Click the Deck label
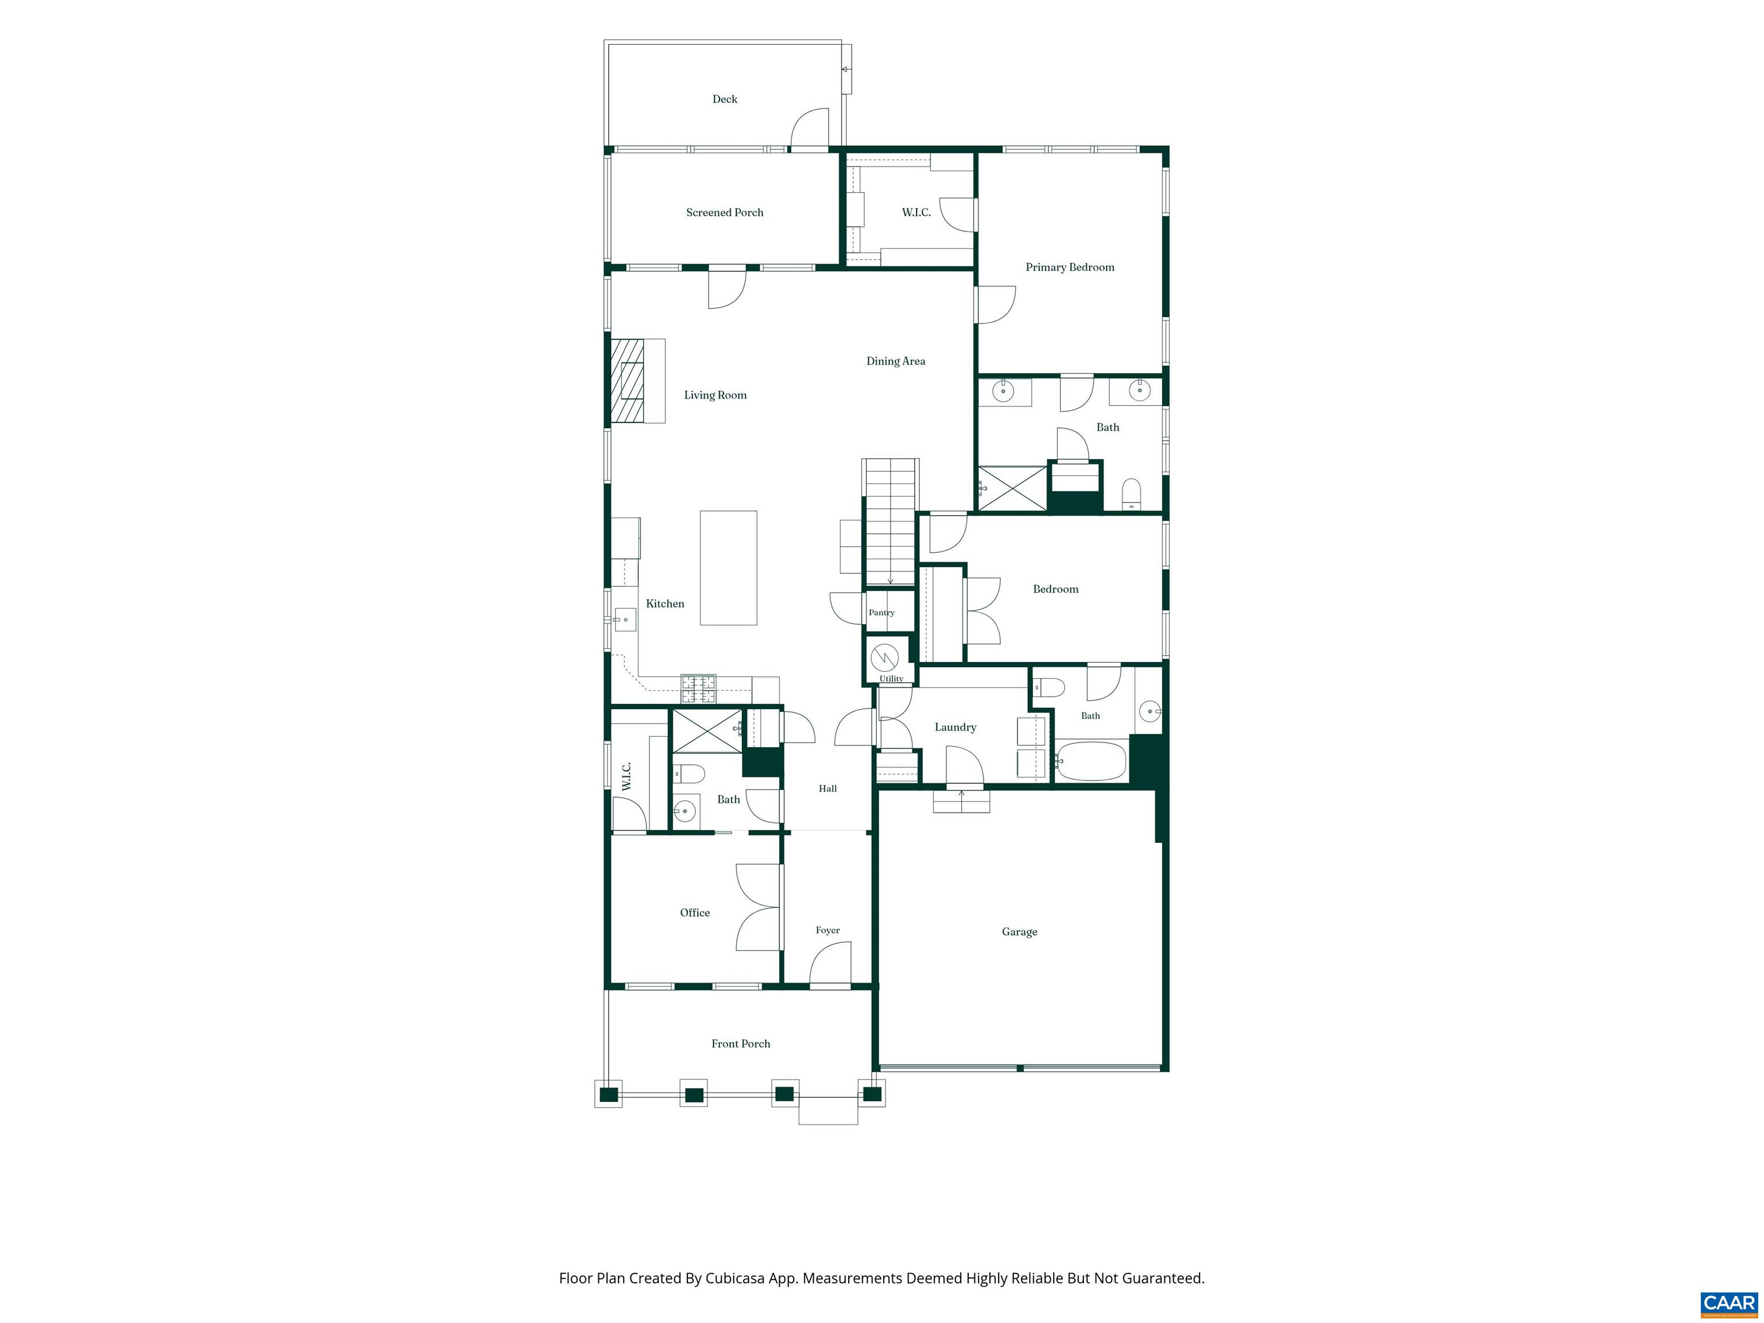pyautogui.click(x=725, y=99)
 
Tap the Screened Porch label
pyautogui.click(x=725, y=212)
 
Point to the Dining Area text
pyautogui.click(x=896, y=361)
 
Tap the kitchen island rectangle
pyautogui.click(x=728, y=568)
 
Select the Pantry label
pyautogui.click(x=881, y=613)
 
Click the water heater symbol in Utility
pyautogui.click(x=884, y=658)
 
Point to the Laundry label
pyautogui.click(x=955, y=728)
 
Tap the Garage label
pyautogui.click(x=1019, y=931)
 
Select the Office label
pyautogui.click(x=695, y=912)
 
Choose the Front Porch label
pyautogui.click(x=741, y=1043)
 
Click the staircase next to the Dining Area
pyautogui.click(x=890, y=523)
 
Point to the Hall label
pyautogui.click(x=828, y=789)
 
